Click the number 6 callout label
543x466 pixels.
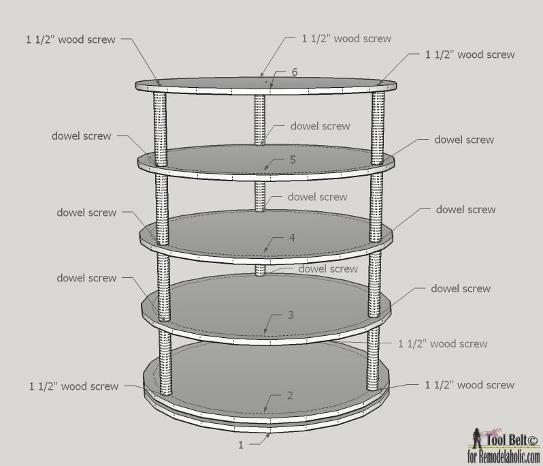coord(295,72)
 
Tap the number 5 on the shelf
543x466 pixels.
coord(293,159)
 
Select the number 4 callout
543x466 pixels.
coord(292,238)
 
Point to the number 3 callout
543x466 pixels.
coord(291,315)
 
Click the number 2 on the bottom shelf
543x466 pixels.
coord(290,395)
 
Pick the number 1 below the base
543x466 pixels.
coord(241,445)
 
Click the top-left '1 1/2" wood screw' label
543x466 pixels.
coord(71,40)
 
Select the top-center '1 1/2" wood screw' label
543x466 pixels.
coord(346,38)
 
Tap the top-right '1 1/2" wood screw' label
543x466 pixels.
coord(470,55)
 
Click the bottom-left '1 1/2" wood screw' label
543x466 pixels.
coord(73,386)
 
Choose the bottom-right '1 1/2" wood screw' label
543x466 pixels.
coord(470,385)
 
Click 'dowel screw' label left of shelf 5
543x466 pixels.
coord(82,136)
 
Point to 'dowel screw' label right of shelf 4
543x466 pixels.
coord(466,209)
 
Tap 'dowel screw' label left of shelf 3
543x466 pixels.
coord(86,278)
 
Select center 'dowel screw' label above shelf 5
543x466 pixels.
coord(320,126)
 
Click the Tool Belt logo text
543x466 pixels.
coord(512,440)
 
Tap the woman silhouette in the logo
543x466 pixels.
coord(477,438)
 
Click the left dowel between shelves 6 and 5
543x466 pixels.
coord(160,129)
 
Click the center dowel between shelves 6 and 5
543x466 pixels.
coord(260,121)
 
